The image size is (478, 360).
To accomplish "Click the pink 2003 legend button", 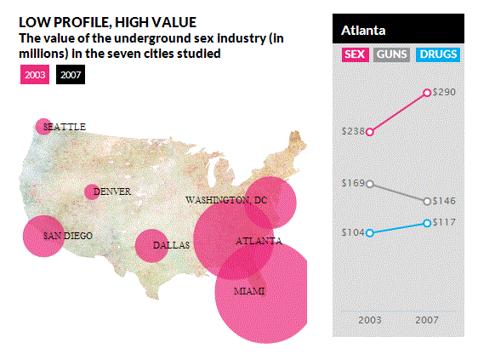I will click(x=35, y=75).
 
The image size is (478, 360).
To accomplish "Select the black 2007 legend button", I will click(x=71, y=75).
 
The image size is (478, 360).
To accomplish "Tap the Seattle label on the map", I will click(x=64, y=127).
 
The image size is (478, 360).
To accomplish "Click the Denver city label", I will click(x=111, y=191).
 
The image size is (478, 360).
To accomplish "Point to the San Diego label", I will click(x=68, y=236).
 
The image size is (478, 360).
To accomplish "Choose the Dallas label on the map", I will click(x=171, y=245).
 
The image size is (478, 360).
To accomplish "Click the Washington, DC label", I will click(x=226, y=200).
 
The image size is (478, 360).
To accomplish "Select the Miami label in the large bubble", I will click(x=249, y=291).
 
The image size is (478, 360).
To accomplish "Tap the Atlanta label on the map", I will click(x=258, y=241).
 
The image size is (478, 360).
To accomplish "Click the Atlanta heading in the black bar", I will click(x=363, y=31).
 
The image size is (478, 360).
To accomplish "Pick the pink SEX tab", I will click(x=354, y=54).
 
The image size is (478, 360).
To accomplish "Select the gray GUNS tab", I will click(x=392, y=54).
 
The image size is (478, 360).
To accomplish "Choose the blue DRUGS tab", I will click(x=438, y=54).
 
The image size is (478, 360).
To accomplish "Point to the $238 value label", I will click(x=352, y=131).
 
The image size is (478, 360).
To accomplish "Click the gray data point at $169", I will click(x=370, y=183).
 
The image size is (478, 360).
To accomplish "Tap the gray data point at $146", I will click(x=427, y=201).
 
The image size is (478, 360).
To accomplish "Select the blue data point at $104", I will click(x=370, y=232).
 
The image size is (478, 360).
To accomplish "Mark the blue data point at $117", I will click(x=427, y=223).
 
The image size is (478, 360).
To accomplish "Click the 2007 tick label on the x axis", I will click(x=426, y=320).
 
